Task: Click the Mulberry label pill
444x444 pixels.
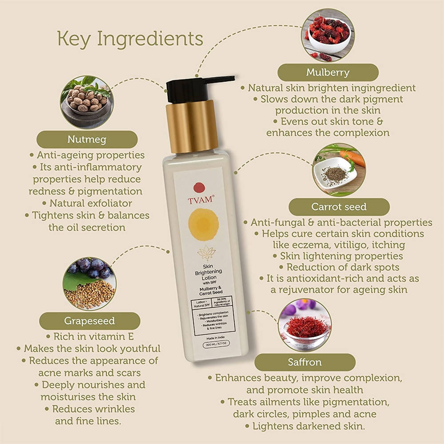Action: (328, 72)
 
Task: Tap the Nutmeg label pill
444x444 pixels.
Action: (87, 139)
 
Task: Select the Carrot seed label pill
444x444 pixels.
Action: (339, 207)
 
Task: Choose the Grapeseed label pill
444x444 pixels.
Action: (89, 321)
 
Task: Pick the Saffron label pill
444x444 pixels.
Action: (305, 362)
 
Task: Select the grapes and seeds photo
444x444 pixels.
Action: (89, 282)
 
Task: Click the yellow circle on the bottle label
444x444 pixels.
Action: (203, 224)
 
